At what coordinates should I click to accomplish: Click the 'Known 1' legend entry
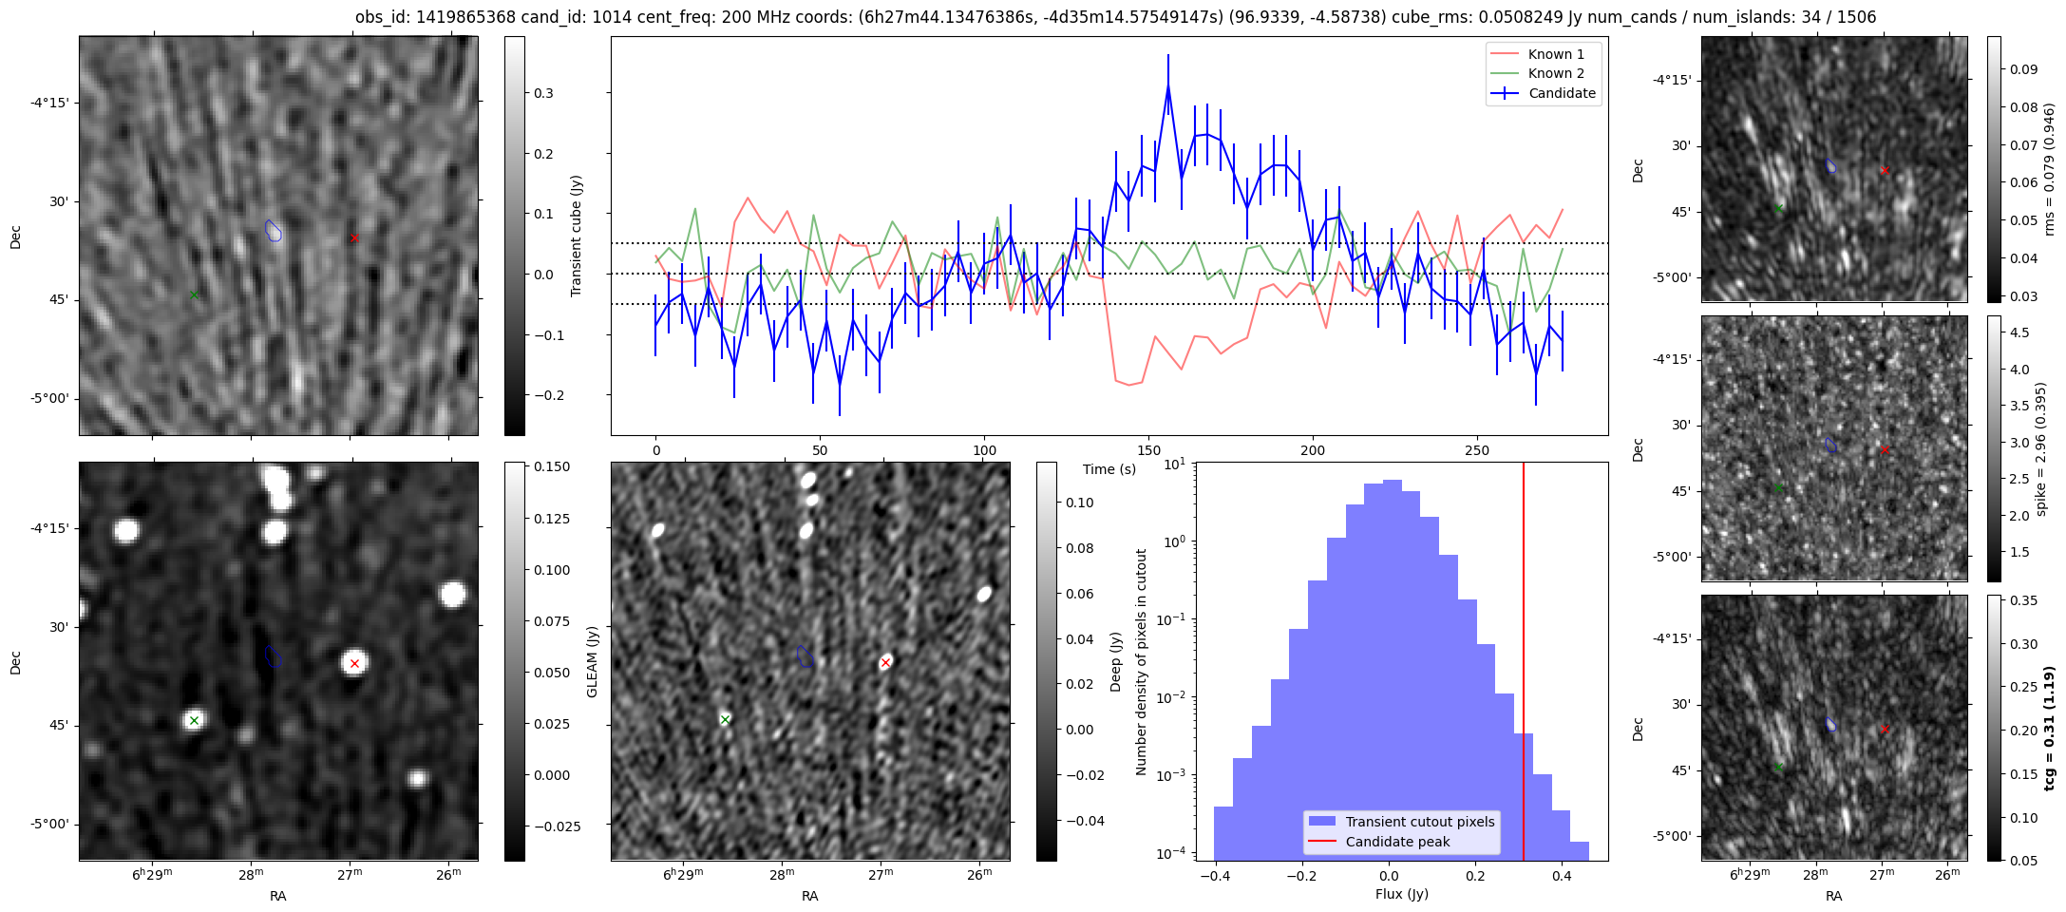point(1555,54)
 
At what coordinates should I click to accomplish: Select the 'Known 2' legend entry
point(1555,73)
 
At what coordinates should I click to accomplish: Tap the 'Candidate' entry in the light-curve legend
point(1562,93)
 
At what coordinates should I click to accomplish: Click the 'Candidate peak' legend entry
point(1397,842)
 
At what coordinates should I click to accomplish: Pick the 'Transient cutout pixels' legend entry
point(1419,822)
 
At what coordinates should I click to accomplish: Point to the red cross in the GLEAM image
point(354,663)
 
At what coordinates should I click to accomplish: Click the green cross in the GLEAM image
point(194,720)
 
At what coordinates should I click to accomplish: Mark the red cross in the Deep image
point(885,662)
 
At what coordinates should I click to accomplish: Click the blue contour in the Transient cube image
point(274,230)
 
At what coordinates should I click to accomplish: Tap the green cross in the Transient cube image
point(194,295)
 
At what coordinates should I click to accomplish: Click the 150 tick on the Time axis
point(1148,450)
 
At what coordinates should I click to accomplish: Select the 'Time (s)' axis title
point(1109,469)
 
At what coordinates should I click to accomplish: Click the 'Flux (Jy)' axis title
point(1401,894)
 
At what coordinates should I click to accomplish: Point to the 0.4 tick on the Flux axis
point(1562,876)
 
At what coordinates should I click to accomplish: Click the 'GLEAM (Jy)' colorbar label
point(592,661)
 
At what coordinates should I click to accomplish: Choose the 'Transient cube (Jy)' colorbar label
point(576,236)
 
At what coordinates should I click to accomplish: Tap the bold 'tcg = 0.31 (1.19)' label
point(2049,728)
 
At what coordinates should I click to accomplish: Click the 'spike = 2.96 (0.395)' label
point(2040,448)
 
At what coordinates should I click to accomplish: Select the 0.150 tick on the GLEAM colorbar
point(547,466)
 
